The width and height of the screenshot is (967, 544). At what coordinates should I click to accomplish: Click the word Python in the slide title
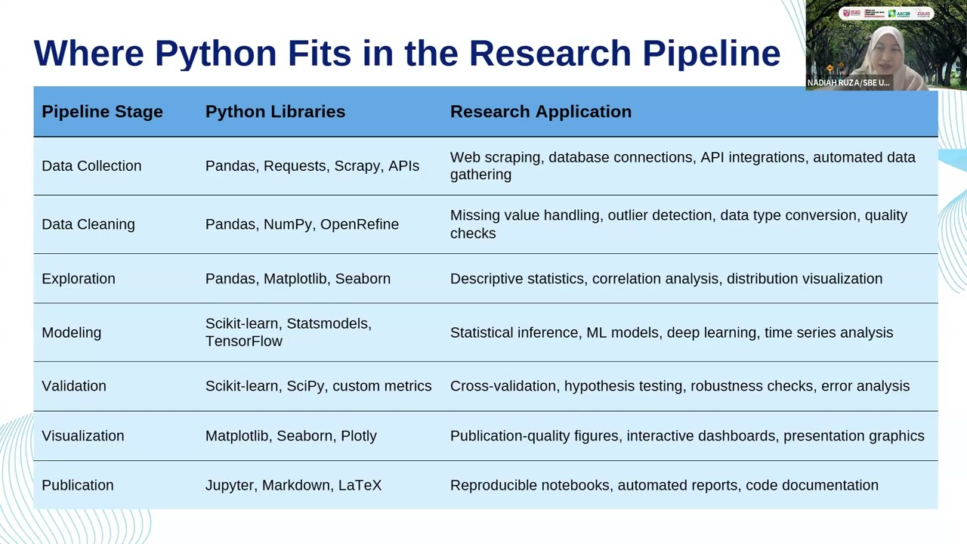coord(215,54)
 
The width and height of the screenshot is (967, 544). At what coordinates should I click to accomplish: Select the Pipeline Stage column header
coord(102,112)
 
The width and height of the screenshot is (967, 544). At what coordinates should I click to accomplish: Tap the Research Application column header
coord(540,112)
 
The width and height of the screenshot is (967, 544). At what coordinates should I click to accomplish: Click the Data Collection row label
coord(91,166)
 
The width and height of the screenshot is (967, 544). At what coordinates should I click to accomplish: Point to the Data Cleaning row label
coord(88,224)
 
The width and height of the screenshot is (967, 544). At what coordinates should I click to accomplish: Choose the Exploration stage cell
coord(79,279)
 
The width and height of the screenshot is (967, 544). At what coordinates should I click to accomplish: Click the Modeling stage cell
coord(71,332)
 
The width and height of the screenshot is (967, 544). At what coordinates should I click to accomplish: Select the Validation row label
coord(74,386)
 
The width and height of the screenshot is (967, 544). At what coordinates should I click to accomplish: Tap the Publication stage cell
coord(78,485)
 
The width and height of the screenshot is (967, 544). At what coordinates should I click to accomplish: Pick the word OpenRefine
coord(360,224)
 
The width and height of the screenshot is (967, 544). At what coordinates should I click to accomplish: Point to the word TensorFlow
coord(243,342)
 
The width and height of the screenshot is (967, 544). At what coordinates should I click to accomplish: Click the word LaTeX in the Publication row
coord(360,485)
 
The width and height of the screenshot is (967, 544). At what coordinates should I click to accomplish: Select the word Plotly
coord(359,436)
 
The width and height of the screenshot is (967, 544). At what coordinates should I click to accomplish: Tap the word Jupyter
coord(230,485)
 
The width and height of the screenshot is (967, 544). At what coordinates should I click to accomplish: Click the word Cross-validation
coord(503,386)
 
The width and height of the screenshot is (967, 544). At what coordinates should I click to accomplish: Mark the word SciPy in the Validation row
coord(305,386)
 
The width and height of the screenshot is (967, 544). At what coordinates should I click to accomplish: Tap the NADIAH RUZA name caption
coord(848,82)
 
